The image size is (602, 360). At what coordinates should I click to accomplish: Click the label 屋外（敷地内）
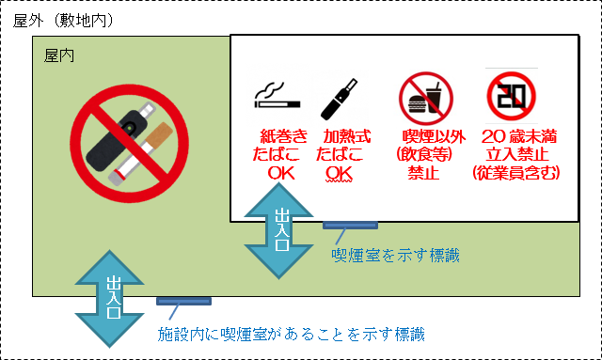point(63,20)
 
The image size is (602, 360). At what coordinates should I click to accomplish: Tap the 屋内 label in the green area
point(60,56)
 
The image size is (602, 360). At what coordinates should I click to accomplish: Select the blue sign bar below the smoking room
point(350,225)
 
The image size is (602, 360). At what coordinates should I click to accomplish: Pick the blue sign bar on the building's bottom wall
point(183,302)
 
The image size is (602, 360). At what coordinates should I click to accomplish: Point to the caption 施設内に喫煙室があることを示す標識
point(291,334)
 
